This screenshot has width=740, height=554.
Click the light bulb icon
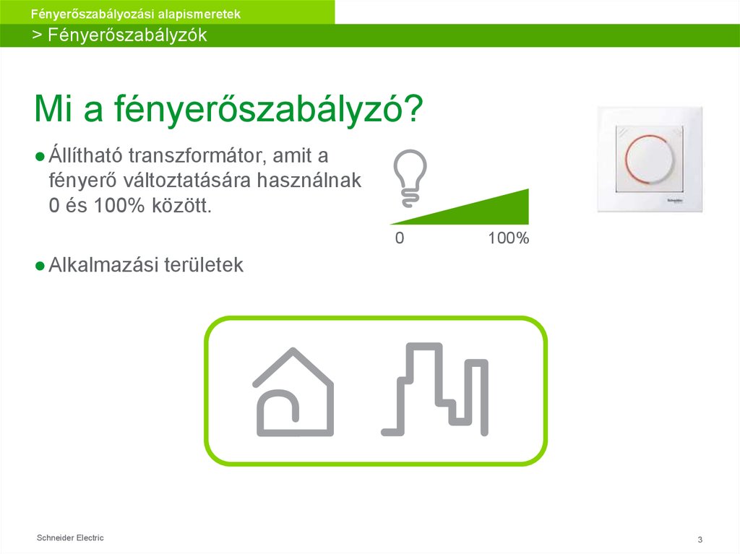(410, 174)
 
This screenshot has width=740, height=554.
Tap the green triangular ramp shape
(491, 211)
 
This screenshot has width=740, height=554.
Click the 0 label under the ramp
(399, 238)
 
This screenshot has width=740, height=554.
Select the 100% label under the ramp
(508, 238)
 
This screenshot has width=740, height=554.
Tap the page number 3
(700, 540)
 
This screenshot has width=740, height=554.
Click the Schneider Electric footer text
(70, 538)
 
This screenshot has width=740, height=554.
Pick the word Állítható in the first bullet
(85, 156)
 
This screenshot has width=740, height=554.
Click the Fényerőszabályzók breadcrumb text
(127, 35)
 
